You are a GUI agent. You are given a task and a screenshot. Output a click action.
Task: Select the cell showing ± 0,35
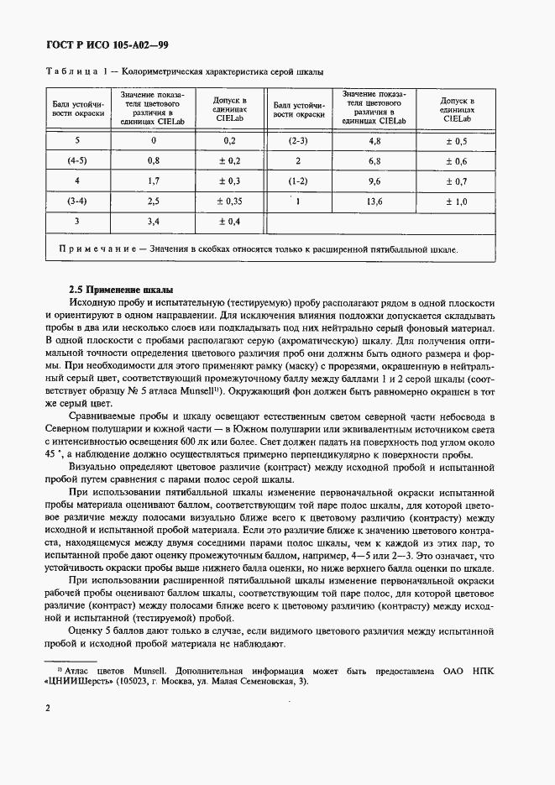pos(229,201)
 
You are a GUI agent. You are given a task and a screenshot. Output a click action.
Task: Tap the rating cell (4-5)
pos(77,160)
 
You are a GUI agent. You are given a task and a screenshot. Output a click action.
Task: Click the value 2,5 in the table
pos(153,201)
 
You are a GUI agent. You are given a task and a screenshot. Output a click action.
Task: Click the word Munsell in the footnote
pos(151,670)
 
